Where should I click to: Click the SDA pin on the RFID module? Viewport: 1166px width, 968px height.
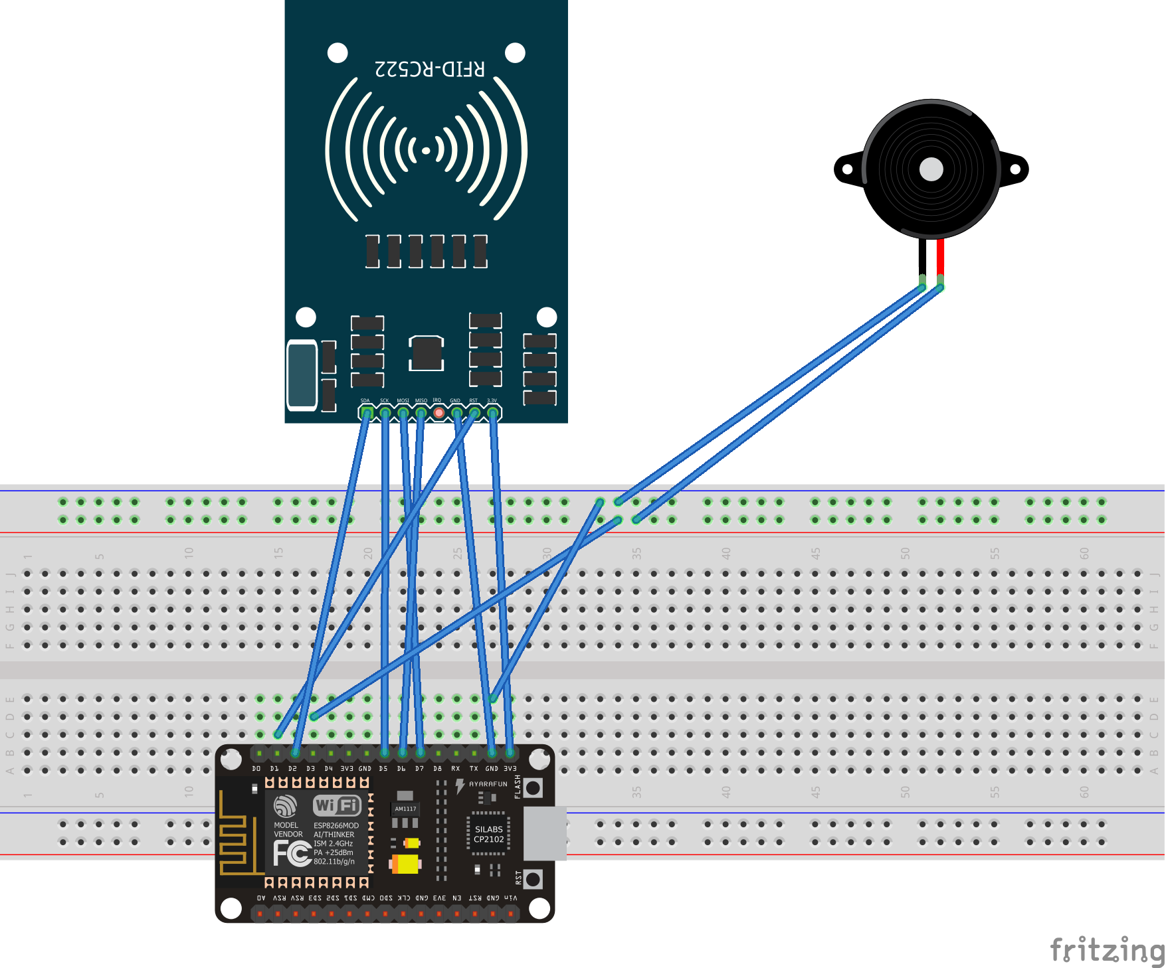click(x=366, y=413)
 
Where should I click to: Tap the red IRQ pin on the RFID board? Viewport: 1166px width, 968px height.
click(x=438, y=413)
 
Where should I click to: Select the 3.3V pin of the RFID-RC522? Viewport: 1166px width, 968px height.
click(x=492, y=413)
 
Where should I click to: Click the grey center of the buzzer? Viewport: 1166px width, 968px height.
click(x=931, y=169)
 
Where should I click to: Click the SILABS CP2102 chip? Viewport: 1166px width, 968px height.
click(x=489, y=834)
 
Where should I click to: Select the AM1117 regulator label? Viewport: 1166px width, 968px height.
click(x=405, y=809)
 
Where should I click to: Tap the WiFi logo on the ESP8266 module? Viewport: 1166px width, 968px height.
click(x=337, y=805)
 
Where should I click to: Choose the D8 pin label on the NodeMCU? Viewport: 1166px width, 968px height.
click(x=437, y=769)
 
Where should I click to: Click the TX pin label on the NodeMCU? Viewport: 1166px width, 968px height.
click(x=474, y=769)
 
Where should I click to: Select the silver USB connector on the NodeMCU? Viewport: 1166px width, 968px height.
click(x=545, y=834)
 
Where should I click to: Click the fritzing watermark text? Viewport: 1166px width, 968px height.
click(x=1106, y=949)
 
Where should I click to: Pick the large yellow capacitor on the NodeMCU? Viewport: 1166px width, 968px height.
click(x=406, y=864)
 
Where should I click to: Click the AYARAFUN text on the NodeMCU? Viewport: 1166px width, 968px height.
click(x=488, y=784)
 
